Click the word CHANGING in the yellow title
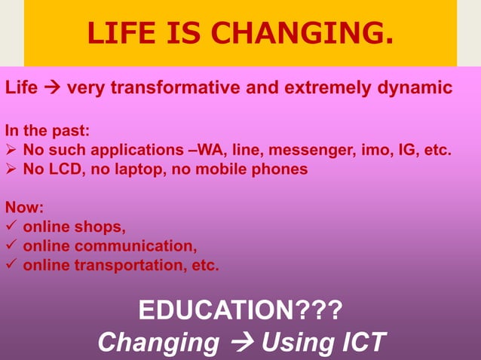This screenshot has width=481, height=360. click(x=317, y=33)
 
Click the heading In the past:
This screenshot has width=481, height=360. click(x=47, y=129)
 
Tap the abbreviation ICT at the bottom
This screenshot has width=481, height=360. click(x=357, y=342)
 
